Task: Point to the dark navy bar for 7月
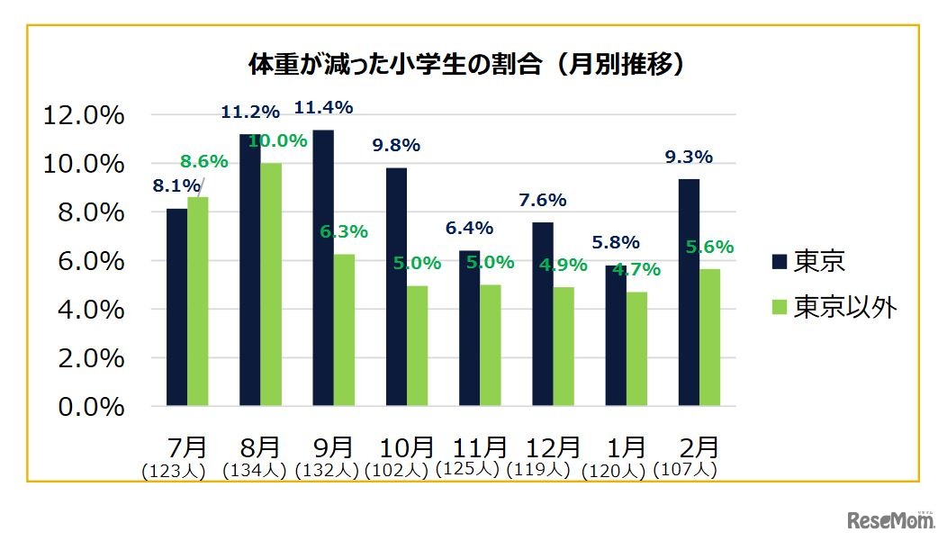pos(176,307)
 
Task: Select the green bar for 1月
pos(636,348)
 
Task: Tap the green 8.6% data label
pos(203,162)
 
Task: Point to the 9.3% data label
pos(689,157)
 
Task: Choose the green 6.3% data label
pos(344,231)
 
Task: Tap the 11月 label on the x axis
pos(480,446)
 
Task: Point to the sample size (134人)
pos(254,469)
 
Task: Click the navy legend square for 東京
pos(780,262)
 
